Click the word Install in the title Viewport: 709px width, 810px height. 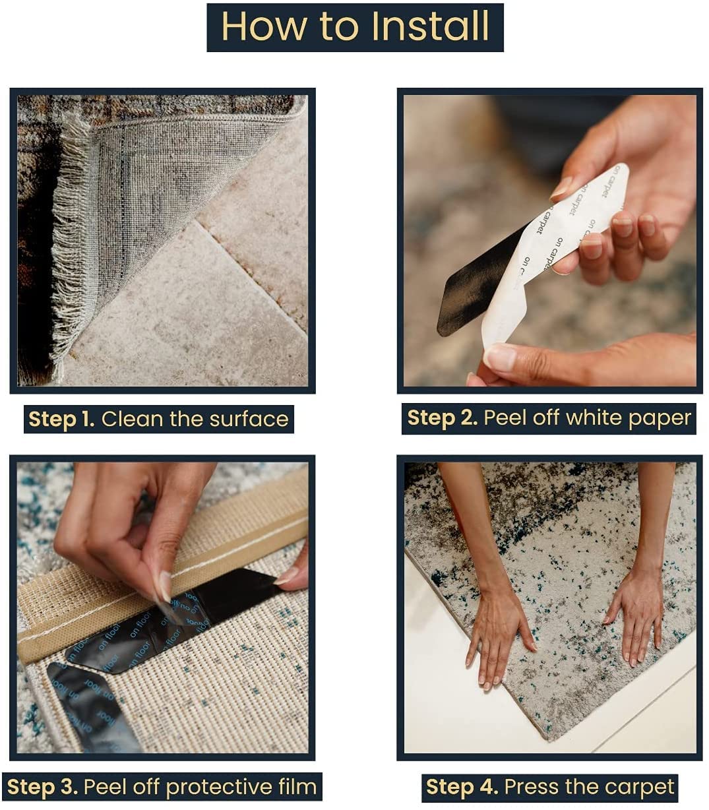(x=430, y=26)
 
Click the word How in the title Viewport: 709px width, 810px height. (x=264, y=26)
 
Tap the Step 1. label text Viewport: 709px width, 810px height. (x=61, y=419)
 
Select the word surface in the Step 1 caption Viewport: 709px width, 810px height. (x=249, y=419)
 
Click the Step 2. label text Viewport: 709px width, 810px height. (x=442, y=418)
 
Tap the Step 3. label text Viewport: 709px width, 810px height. (x=42, y=787)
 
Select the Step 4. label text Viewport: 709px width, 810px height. (x=462, y=787)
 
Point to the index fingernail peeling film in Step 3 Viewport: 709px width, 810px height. (x=165, y=586)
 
